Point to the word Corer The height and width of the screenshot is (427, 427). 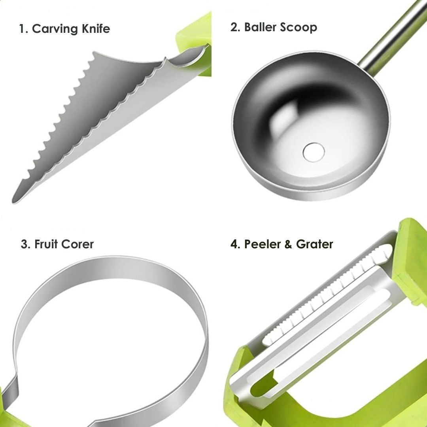[x=77, y=244]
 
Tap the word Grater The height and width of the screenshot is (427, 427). [x=315, y=244]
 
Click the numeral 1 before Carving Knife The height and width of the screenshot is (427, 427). [x=22, y=28]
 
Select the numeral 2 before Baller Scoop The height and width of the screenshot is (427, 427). [x=234, y=27]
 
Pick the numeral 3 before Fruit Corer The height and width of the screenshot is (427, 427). [x=24, y=244]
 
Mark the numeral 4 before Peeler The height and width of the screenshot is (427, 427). [x=234, y=244]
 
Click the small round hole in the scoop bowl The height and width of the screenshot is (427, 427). [x=314, y=152]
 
